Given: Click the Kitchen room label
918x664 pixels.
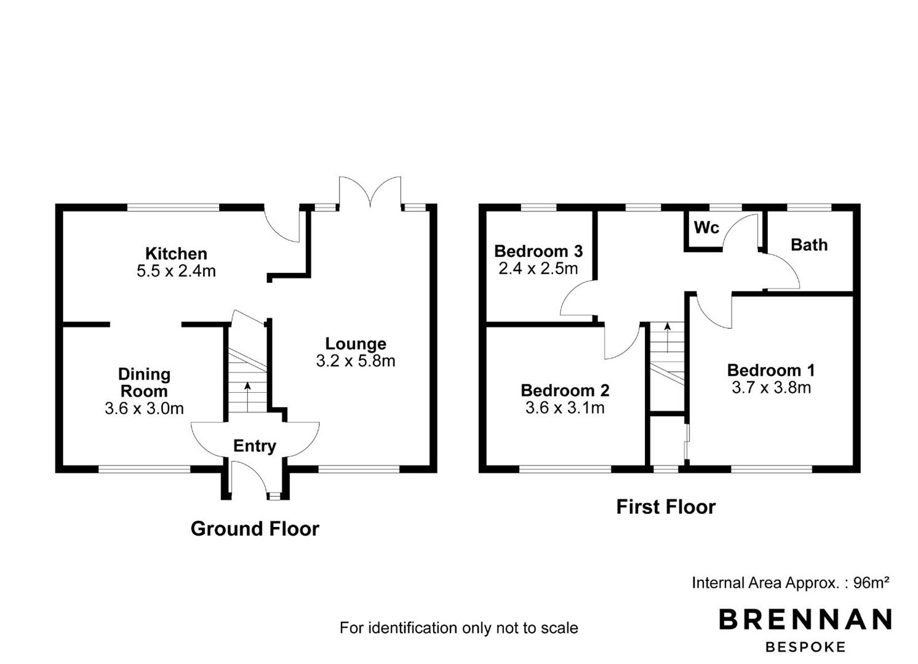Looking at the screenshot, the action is [176, 253].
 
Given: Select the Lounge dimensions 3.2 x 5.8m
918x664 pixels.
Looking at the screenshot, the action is [356, 361].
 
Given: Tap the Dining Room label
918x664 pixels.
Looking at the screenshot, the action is [144, 382].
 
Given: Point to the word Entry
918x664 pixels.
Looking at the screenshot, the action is [255, 446].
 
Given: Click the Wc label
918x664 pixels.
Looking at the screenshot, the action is [706, 227].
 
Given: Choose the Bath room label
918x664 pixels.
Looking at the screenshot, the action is [809, 245].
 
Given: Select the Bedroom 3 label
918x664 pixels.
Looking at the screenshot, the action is [538, 251].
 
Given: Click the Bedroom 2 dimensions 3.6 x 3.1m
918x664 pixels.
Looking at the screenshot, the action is [565, 408].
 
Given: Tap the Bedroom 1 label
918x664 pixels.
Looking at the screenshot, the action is [772, 370].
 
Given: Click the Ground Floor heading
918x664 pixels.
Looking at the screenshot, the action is [255, 529].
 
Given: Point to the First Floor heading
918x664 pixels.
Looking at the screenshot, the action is [666, 507].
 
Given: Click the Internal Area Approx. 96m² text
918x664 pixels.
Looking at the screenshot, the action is [791, 582].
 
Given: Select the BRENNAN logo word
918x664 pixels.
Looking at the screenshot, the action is [805, 619].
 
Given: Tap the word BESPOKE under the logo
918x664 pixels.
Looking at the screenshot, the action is [805, 647].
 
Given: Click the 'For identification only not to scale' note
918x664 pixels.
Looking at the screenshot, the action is [458, 628].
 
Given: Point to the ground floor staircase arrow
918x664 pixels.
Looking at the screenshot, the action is [247, 397].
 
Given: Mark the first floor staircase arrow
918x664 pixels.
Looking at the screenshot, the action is [668, 338].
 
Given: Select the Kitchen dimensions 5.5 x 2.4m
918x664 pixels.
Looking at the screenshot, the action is [176, 271].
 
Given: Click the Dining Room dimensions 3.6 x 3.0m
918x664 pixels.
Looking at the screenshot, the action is [144, 408].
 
